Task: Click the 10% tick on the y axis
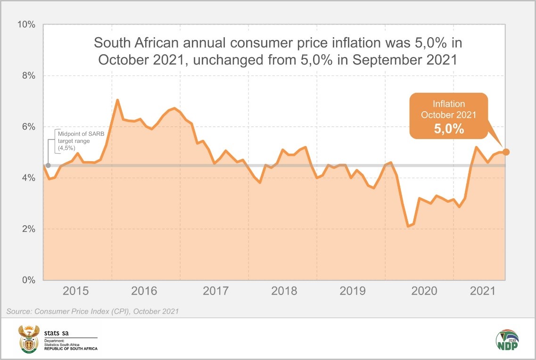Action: [x=26, y=24]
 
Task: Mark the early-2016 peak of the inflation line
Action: [x=117, y=100]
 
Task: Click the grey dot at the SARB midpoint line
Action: [x=48, y=165]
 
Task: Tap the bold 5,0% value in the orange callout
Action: [x=449, y=129]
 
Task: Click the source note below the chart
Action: [x=93, y=311]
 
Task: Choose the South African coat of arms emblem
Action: [x=28, y=339]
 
